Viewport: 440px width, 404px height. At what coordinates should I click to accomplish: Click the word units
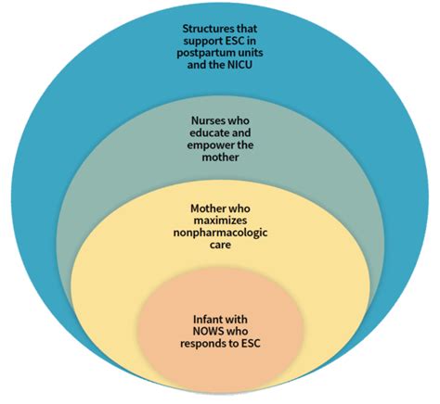[x=251, y=53]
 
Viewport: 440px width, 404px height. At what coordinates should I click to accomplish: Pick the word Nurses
[x=206, y=120]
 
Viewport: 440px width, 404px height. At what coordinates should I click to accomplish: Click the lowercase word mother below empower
[x=220, y=158]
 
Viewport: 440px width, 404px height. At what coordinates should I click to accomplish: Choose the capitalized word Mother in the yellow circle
[x=206, y=208]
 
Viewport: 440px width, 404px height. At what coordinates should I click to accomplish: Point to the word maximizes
[x=220, y=221]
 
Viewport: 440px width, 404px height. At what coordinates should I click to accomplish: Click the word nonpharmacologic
[x=220, y=233]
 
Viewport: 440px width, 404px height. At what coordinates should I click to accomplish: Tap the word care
[x=220, y=246]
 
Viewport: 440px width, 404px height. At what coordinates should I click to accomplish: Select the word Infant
[x=206, y=319]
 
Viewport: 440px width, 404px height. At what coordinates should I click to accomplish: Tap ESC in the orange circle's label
[x=252, y=343]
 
